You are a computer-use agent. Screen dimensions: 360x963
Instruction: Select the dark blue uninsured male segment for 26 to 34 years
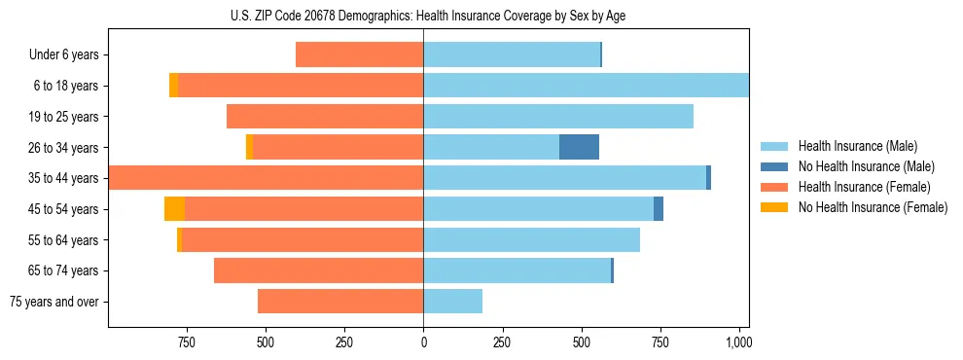pyautogui.click(x=579, y=147)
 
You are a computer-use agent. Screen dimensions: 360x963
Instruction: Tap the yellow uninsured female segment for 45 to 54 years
pyautogui.click(x=174, y=209)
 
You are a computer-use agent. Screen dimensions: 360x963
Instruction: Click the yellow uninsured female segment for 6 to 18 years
pyautogui.click(x=173, y=86)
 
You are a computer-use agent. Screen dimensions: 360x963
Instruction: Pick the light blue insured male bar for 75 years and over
pyautogui.click(x=452, y=302)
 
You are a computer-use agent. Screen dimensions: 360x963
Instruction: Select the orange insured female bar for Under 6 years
pyautogui.click(x=359, y=54)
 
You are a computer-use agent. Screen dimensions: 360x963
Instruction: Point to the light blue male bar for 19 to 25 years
pyautogui.click(x=558, y=117)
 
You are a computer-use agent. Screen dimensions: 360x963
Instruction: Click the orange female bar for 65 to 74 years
pyautogui.click(x=318, y=270)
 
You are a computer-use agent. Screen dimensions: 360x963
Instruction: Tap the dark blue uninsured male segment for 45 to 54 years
pyautogui.click(x=659, y=209)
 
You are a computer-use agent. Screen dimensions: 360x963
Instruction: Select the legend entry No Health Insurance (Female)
pyautogui.click(x=873, y=207)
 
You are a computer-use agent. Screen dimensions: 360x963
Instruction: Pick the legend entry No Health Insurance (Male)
pyautogui.click(x=866, y=166)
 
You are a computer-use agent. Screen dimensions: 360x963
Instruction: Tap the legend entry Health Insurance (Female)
pyautogui.click(x=864, y=187)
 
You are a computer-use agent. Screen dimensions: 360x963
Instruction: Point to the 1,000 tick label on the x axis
pyautogui.click(x=738, y=342)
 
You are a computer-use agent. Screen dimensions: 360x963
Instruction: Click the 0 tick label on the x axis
pyautogui.click(x=423, y=342)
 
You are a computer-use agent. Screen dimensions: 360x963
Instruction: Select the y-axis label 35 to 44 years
pyautogui.click(x=64, y=178)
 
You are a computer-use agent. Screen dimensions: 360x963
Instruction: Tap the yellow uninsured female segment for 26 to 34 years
pyautogui.click(x=249, y=147)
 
